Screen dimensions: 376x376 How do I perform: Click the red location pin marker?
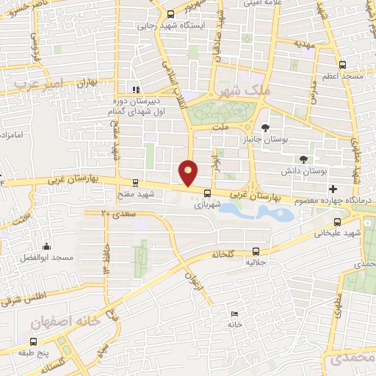click(x=189, y=173)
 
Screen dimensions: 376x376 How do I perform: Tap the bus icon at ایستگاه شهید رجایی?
click(x=170, y=14)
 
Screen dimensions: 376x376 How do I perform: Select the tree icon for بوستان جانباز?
click(x=264, y=127)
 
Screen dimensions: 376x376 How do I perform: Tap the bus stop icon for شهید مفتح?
click(x=135, y=183)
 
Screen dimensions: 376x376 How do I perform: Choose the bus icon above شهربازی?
click(x=206, y=194)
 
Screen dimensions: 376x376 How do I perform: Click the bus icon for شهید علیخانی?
click(x=337, y=222)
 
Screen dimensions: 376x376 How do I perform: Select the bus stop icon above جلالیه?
click(x=256, y=250)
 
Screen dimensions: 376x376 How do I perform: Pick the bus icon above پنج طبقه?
click(x=33, y=341)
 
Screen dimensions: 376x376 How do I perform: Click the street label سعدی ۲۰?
click(x=114, y=212)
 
